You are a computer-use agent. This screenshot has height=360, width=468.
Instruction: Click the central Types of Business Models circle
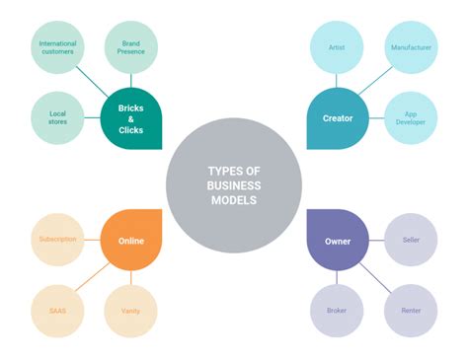point(233,184)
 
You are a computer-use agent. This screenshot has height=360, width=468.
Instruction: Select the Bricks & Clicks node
point(131,118)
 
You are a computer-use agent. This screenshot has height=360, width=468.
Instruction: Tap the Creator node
point(337,118)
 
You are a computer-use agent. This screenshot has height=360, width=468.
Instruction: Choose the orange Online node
point(131,240)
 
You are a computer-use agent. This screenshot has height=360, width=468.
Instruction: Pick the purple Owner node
point(338,240)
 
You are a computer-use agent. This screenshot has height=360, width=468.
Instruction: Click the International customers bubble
point(57,49)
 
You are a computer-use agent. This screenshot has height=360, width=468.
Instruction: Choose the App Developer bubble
point(410,119)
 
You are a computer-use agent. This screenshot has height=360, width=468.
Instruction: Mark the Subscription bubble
point(57,240)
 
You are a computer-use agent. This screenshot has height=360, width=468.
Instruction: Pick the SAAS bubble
point(57,310)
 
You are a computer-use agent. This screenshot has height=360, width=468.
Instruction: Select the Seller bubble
point(410,240)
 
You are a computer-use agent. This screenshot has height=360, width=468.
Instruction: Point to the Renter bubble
point(410,310)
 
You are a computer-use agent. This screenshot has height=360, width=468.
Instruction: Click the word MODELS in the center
point(233,200)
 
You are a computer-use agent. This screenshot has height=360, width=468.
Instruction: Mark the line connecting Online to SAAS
point(93,275)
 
